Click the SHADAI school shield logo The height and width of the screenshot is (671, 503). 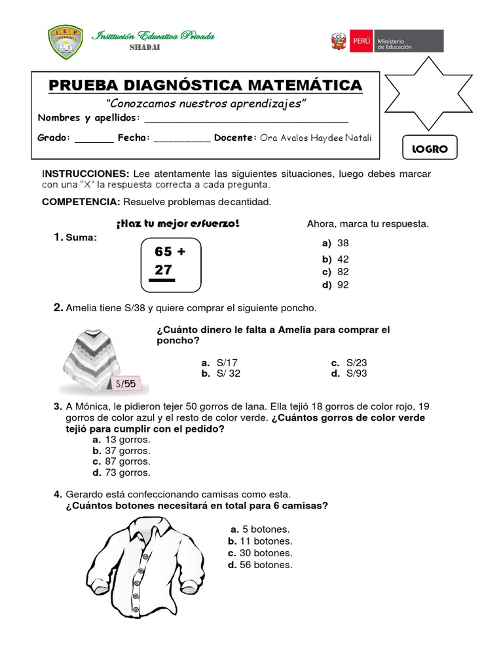pos(65,41)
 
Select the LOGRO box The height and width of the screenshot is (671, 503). pos(430,149)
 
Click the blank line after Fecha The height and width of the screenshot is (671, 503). pos(182,139)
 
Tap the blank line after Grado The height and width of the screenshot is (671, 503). pos(94,139)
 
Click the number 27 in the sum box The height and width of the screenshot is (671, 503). pos(163,269)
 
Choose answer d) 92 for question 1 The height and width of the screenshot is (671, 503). pos(335,284)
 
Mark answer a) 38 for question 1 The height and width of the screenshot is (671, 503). pos(335,243)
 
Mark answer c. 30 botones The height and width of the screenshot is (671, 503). pos(260,552)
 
